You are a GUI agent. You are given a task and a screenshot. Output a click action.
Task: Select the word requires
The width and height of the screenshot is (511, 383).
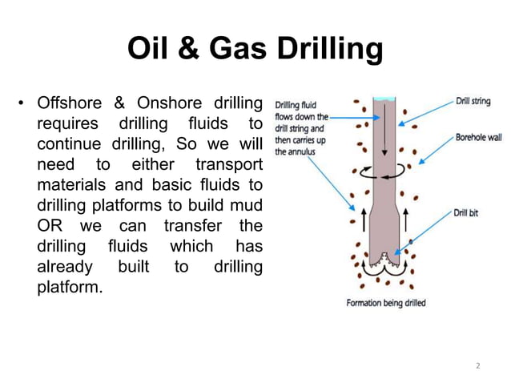pos(70,124)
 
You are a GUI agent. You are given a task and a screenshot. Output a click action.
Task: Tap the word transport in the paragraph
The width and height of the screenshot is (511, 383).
pos(228,164)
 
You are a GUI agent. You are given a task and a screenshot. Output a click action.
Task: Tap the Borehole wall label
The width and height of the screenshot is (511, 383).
pos(479,137)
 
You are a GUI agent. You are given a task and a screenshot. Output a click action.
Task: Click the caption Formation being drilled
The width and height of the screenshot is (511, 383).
pos(385,304)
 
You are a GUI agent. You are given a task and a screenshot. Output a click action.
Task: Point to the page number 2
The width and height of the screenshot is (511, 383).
pos(478,365)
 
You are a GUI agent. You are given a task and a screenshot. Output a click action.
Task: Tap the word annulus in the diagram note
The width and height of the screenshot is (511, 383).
pos(304,150)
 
